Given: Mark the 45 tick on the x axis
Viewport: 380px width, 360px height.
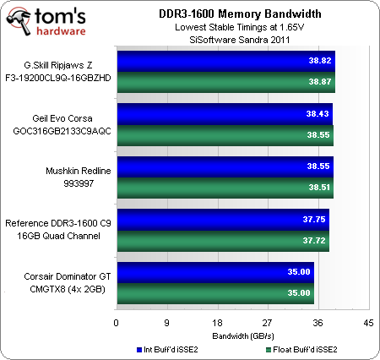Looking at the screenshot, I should point(368,323).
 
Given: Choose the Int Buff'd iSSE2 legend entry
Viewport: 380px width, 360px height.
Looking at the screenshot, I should point(169,349).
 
